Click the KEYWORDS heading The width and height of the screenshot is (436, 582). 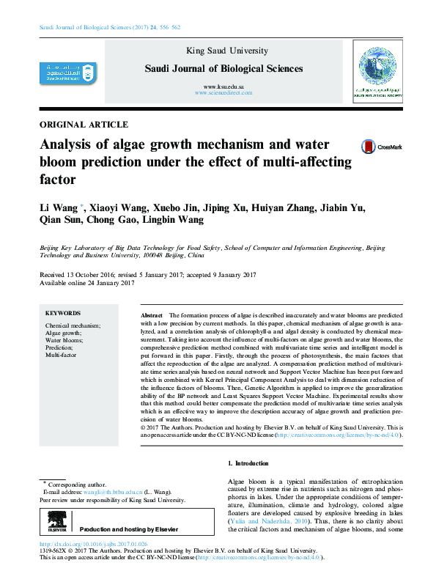point(63,313)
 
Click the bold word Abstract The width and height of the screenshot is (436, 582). point(151,313)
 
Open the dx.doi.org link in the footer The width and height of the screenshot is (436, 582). point(92,545)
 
